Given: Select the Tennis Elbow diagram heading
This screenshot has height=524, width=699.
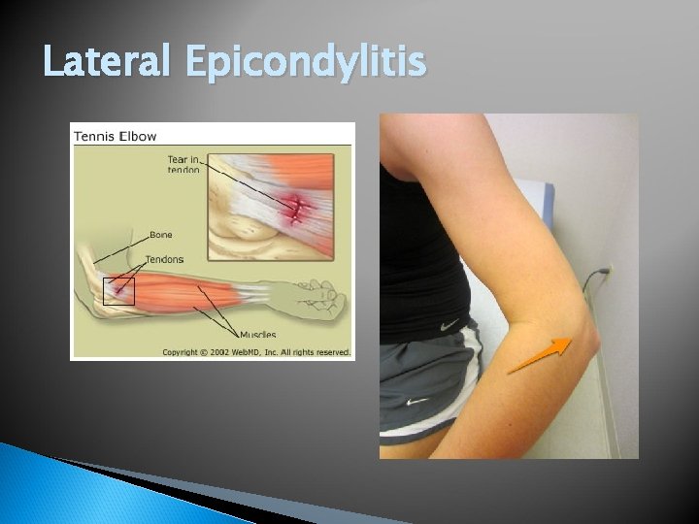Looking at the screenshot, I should click(116, 136).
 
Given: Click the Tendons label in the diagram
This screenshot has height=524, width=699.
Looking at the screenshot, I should click(164, 259).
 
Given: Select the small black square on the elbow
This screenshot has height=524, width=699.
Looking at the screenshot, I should click(118, 290).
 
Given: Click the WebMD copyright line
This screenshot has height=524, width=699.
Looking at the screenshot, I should click(256, 351).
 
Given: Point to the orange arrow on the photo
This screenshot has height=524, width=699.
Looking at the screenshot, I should click(539, 355).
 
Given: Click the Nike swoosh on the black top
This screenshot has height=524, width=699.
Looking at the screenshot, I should click(449, 326).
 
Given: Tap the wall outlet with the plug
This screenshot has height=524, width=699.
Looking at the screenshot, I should click(607, 274).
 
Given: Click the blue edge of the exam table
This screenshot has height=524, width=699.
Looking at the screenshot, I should click(549, 204).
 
